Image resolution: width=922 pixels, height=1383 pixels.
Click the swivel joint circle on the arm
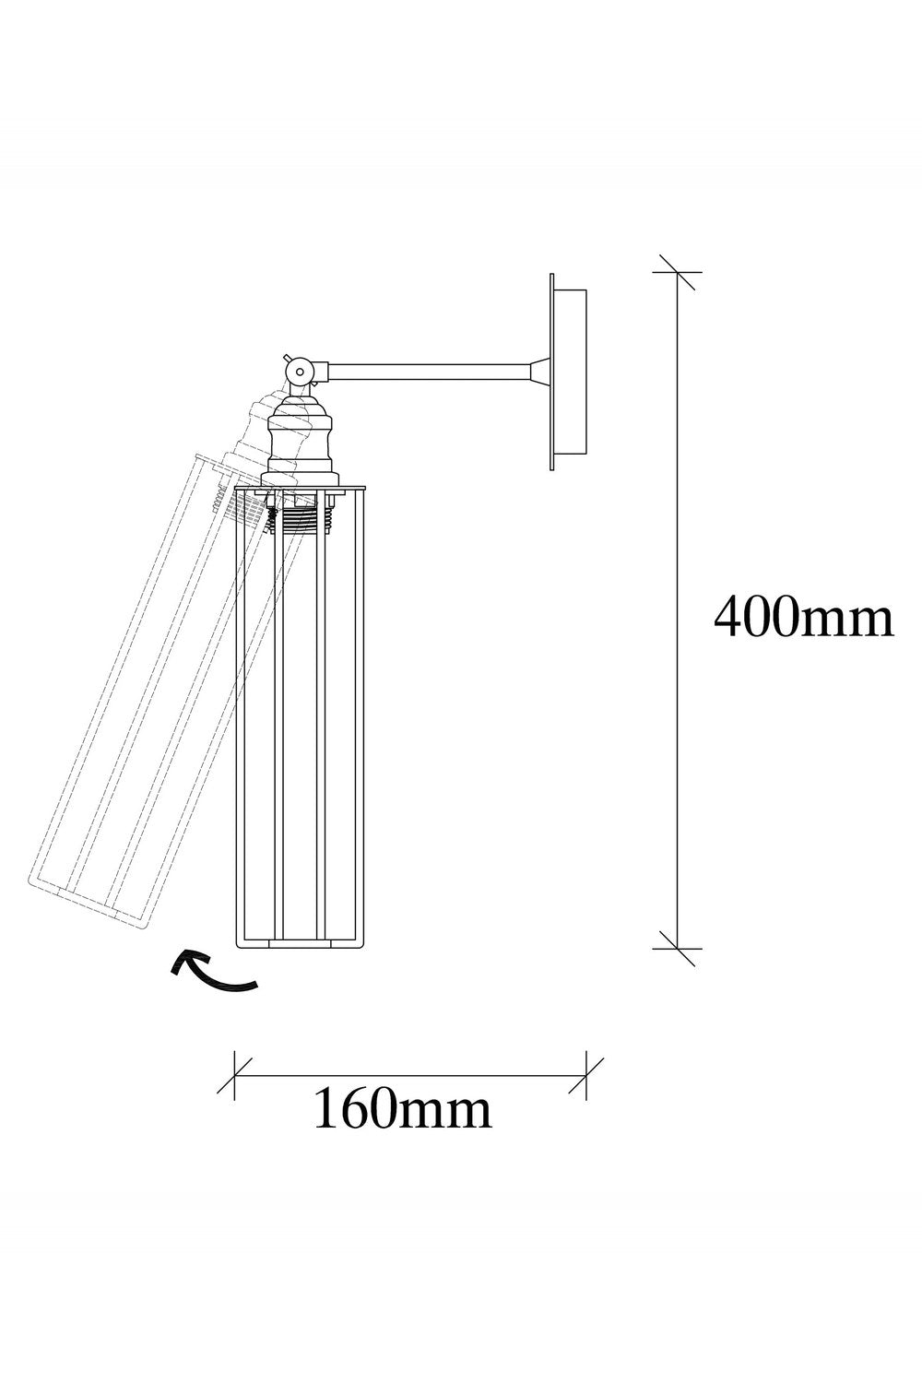(300, 372)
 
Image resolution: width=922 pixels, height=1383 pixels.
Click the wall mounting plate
(568, 372)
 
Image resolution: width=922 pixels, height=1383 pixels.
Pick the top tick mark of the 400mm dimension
(678, 272)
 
